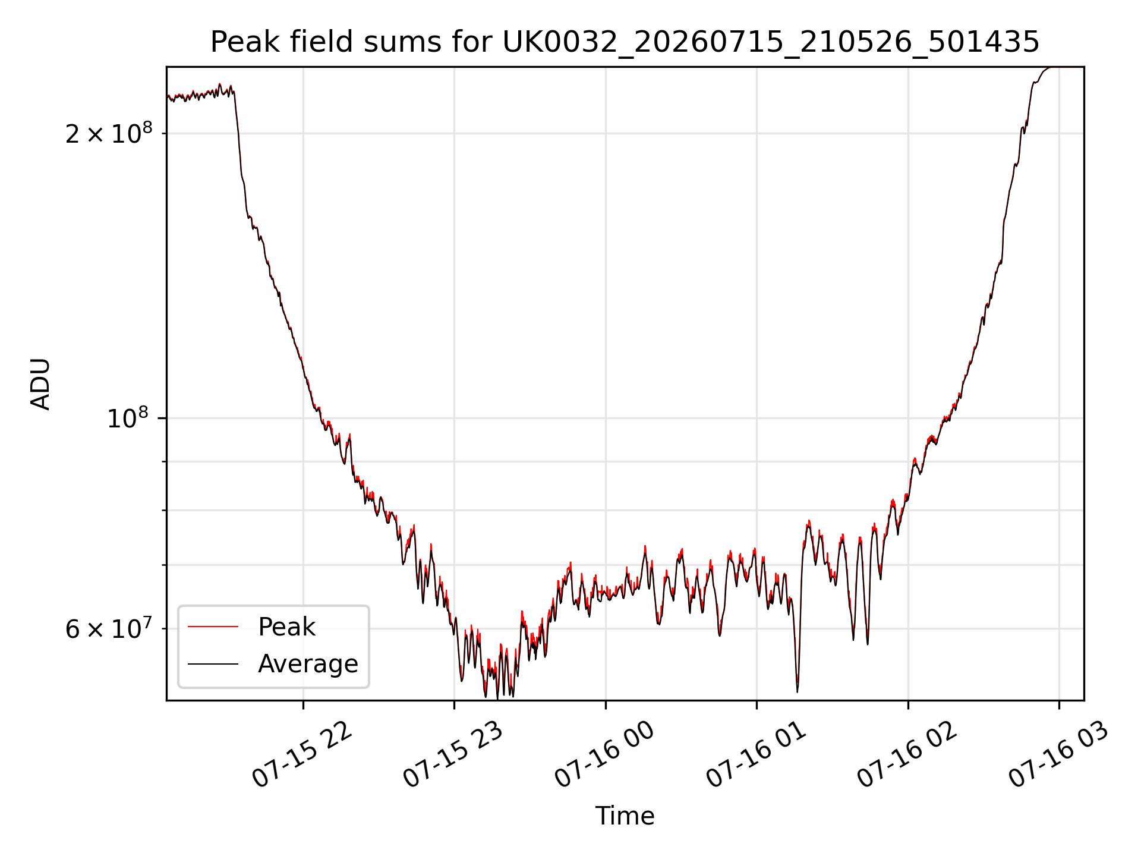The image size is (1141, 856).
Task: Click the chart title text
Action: pos(625,42)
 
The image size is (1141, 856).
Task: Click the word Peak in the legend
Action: pos(286,627)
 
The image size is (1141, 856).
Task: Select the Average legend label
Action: pos(308,664)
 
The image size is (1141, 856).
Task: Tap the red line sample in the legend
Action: pos(213,627)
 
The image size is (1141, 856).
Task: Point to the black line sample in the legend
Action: pos(213,664)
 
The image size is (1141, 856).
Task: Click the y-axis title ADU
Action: pos(41,384)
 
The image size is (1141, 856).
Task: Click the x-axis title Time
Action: pos(625,816)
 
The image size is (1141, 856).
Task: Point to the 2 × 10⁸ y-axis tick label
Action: pos(109,133)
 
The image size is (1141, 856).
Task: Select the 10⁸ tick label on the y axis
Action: pos(130,417)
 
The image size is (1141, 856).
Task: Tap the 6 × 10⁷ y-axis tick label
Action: pos(109,628)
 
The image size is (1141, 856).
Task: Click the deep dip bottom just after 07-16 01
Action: pos(798,691)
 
